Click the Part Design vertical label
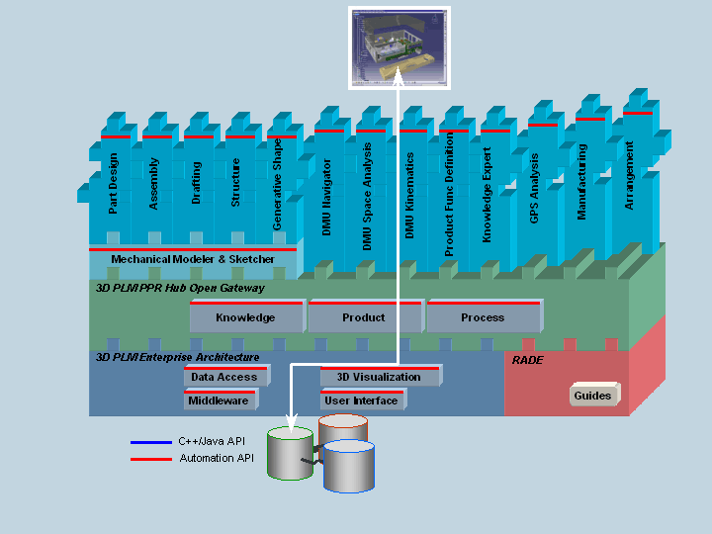coord(114,183)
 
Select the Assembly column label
coord(154,183)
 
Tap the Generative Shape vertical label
coord(278,185)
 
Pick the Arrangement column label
coord(630,175)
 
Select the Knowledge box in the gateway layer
coord(245,317)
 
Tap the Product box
coord(364,317)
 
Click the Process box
coord(483,317)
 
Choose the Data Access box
coord(223,377)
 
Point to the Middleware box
coord(219,400)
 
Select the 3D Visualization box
coord(379,377)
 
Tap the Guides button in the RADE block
coord(592,396)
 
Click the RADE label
coord(527,360)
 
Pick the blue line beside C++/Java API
coord(150,442)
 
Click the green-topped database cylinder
coord(291,455)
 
